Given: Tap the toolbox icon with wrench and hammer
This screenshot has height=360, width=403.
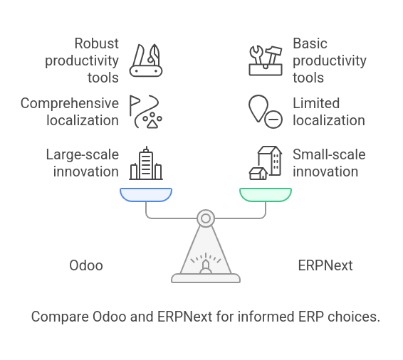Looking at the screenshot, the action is point(266,61).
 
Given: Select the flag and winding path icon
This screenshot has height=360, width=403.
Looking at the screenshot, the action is point(146,112).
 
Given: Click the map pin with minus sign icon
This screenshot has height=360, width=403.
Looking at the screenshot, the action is point(266,112).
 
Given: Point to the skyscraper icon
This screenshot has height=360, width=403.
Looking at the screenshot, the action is point(146,163).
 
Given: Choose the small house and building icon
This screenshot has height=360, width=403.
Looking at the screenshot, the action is point(266,163).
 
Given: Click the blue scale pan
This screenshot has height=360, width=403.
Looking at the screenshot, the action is point(146,195).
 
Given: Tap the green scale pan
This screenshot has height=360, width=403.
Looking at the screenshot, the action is point(266,195).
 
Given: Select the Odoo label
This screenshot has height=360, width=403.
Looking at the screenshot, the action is point(86,265).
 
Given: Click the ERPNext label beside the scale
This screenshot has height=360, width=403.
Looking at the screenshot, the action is point(325,265).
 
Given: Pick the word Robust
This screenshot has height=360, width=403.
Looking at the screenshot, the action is point(97,43).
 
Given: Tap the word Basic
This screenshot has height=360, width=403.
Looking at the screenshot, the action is point(310,43).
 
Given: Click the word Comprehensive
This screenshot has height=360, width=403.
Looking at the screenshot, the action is point(70,103).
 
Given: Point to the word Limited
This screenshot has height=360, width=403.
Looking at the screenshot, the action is point(316,103).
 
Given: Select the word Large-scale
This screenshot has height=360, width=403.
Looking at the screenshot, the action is point(83,154).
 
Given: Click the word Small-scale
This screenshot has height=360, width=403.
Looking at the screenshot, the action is point(329,154).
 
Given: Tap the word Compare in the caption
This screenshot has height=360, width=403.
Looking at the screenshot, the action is point(60,317).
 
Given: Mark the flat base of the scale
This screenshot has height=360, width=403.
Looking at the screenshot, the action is point(206,278).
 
